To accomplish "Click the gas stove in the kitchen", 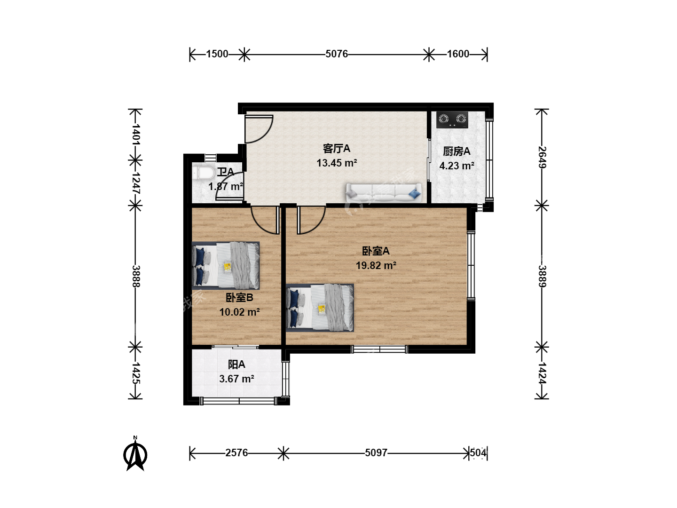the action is click(452, 119).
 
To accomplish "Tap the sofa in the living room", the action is click(384, 193).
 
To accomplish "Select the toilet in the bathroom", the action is click(203, 173).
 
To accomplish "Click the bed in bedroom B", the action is click(226, 265).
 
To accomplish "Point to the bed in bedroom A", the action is click(320, 308).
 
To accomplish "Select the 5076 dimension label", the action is click(337, 54).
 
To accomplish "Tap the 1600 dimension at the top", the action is click(458, 54).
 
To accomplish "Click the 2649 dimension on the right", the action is click(542, 157).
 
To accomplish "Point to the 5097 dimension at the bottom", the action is click(376, 453).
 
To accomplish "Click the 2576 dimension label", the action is click(236, 453).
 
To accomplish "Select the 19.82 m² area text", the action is click(376, 266).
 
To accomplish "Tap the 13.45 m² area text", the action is click(337, 163).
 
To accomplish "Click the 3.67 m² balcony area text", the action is click(236, 379).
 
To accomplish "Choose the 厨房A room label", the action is click(457, 151).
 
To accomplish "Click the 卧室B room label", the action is click(240, 297).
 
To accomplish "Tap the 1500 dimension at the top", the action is click(217, 54).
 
